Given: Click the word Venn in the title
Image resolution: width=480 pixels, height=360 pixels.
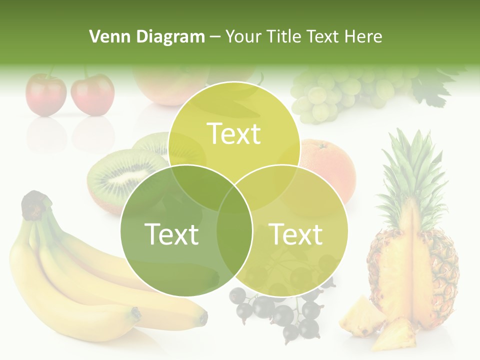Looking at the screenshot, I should [107, 36].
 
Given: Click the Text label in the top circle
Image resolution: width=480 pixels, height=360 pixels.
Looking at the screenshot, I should [234, 133].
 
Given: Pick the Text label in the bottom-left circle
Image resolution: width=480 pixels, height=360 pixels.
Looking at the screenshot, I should [171, 234].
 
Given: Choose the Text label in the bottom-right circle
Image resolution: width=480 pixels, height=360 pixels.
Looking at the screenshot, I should [296, 234].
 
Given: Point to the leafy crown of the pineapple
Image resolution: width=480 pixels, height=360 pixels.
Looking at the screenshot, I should [410, 170].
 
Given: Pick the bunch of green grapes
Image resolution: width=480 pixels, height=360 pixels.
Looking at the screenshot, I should [340, 92].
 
